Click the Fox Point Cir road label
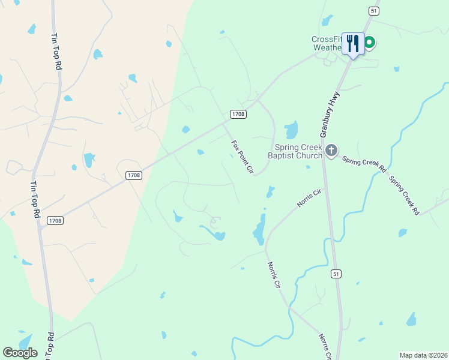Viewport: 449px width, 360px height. pos(243,157)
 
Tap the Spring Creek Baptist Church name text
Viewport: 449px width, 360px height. pos(298,152)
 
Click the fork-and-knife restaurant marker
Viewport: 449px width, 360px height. pos(353,43)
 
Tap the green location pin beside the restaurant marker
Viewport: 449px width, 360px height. pos(370,43)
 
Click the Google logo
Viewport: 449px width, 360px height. pos(20,353)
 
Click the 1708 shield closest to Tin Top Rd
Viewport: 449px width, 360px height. pos(54,221)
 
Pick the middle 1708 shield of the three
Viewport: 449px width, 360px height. pos(134,175)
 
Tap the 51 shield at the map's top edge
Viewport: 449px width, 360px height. pos(373,11)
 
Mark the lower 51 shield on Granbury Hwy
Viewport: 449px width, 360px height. pos(337,274)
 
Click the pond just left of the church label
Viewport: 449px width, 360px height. pos(291,130)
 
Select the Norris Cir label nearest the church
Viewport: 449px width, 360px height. pos(310,199)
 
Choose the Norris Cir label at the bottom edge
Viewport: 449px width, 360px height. pos(326,346)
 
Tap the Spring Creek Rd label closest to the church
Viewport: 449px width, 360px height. pos(364,163)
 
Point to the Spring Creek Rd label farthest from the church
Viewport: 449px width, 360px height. pos(403,195)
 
